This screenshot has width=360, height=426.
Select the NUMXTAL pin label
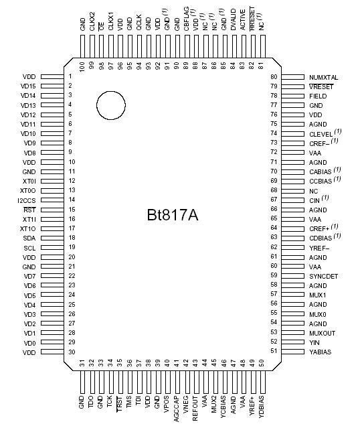tap(324, 77)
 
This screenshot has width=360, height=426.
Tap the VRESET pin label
tap(321, 87)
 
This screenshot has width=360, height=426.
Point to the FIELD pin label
tap(318, 96)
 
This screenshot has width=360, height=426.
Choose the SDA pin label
tap(29, 238)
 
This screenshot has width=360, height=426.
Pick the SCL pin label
tap(29, 248)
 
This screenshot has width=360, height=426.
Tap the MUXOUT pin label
tap(322, 332)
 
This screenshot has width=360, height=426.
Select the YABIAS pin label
tap(321, 351)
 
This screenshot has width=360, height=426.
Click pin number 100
tap(82, 68)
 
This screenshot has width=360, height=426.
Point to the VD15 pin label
tap(28, 86)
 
